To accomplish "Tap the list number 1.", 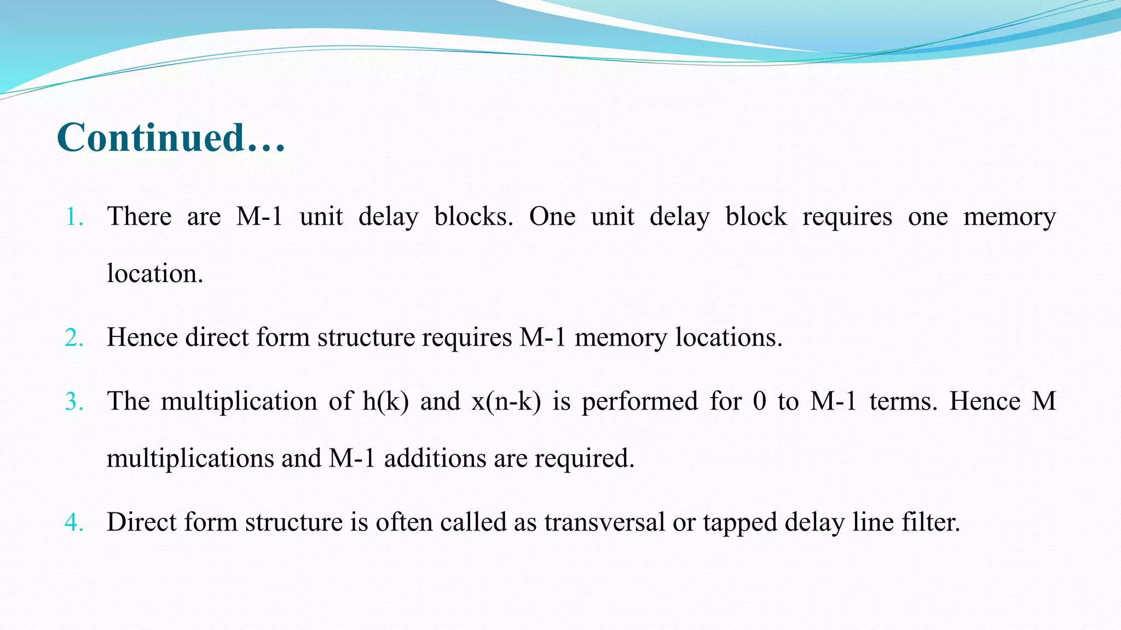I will pyautogui.click(x=73, y=218).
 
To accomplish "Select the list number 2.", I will pyautogui.click(x=73, y=338).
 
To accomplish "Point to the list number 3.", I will pyautogui.click(x=73, y=402).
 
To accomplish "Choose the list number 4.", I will pyautogui.click(x=73, y=523).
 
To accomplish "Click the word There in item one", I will pyautogui.click(x=139, y=216).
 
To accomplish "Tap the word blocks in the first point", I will pyautogui.click(x=473, y=216).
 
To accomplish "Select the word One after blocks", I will pyautogui.click(x=552, y=216).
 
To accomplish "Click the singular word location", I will pyautogui.click(x=154, y=273).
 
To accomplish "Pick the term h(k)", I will pyautogui.click(x=385, y=401).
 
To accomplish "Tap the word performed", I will pyautogui.click(x=639, y=402).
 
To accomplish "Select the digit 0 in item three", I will pyautogui.click(x=760, y=401).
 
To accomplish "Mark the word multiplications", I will pyautogui.click(x=190, y=458).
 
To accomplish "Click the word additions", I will pyautogui.click(x=435, y=458).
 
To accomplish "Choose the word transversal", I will pyautogui.click(x=604, y=522).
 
